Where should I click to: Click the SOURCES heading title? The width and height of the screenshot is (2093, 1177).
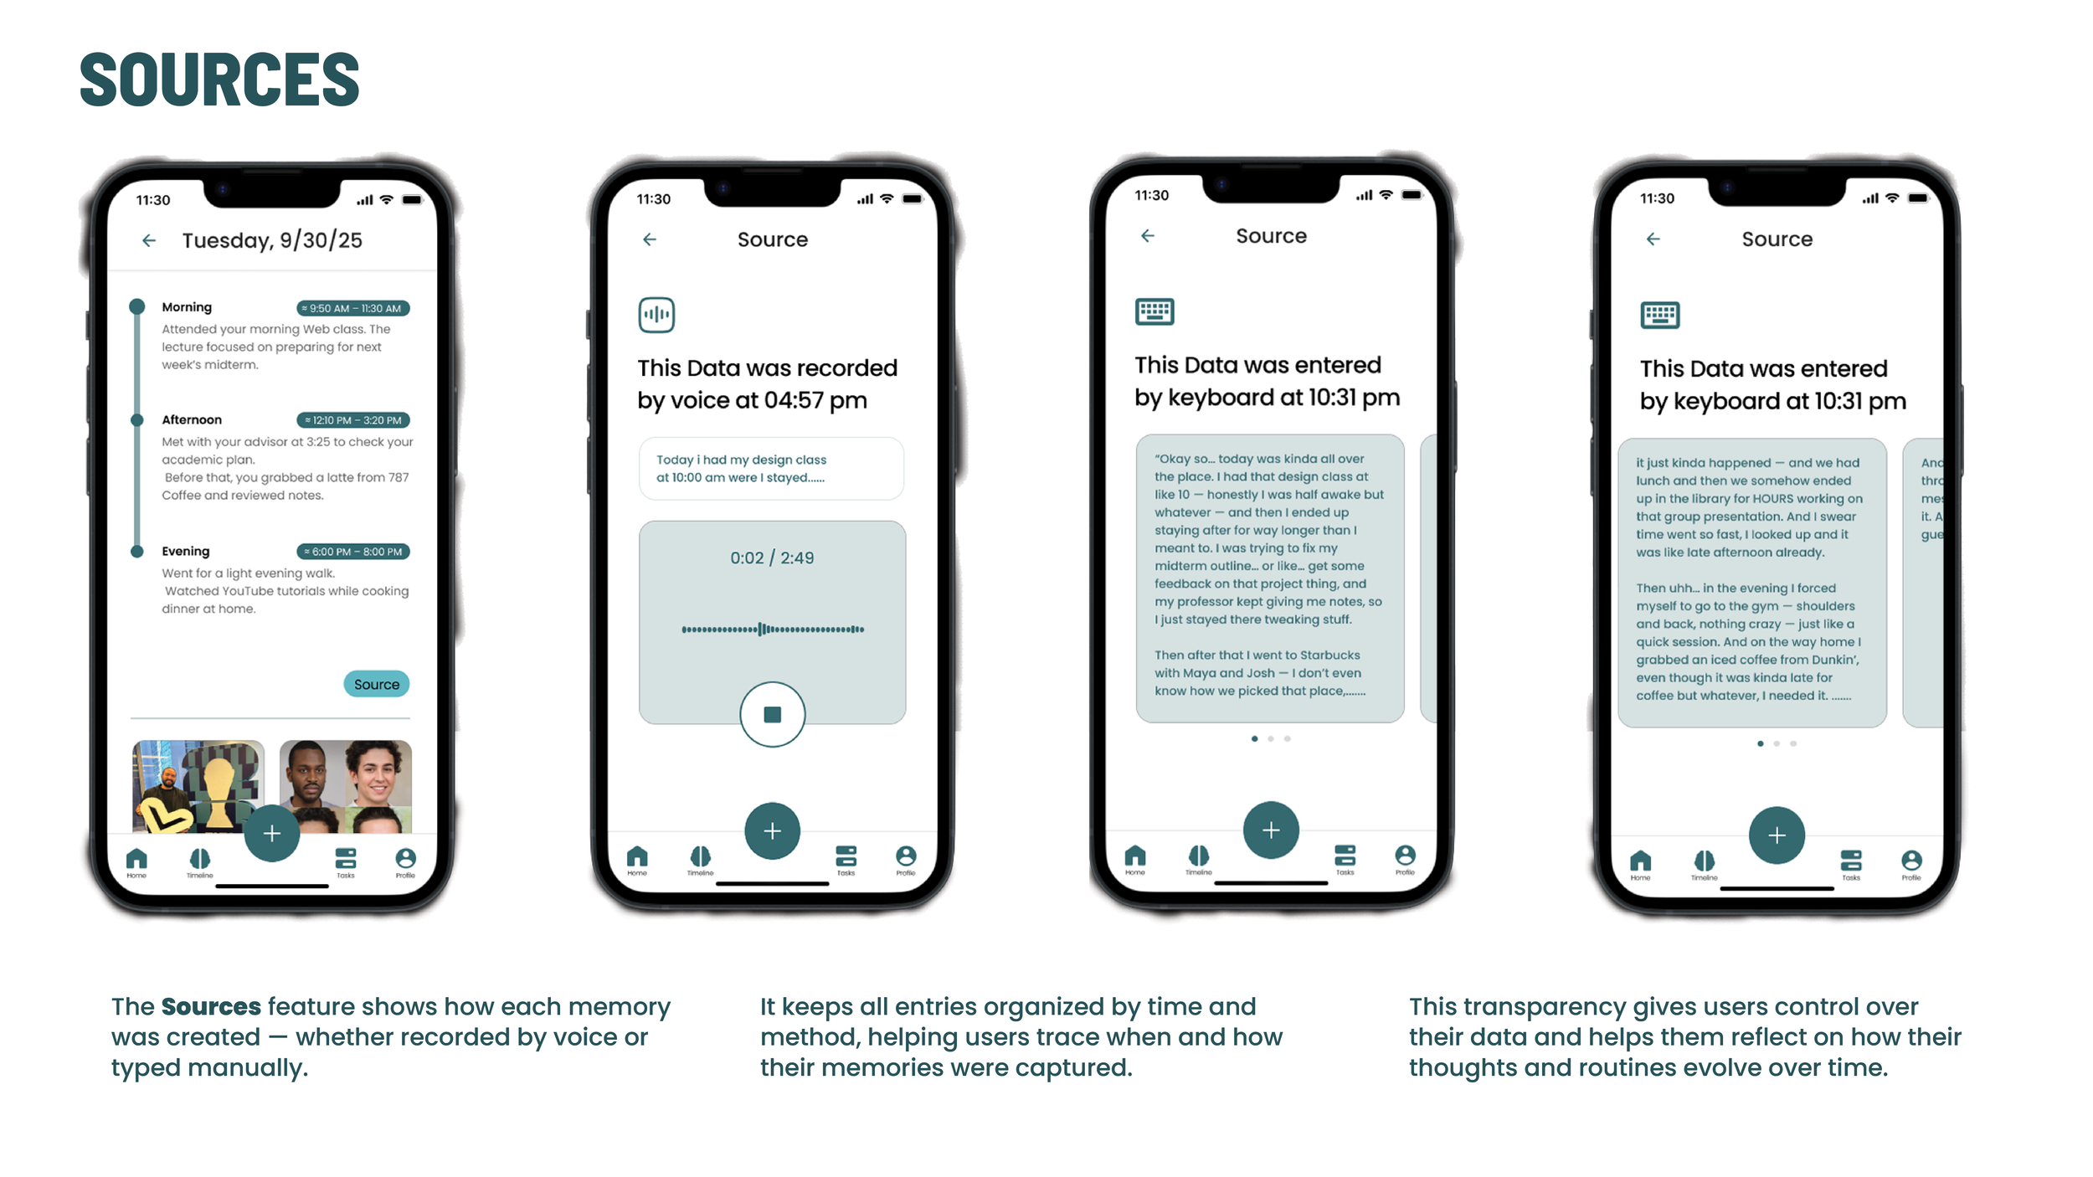pos(219,80)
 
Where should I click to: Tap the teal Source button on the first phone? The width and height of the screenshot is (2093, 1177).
pos(376,684)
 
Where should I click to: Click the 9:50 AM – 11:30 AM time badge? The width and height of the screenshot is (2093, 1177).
pos(352,308)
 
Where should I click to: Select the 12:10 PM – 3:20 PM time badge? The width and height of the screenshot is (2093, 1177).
pos(352,420)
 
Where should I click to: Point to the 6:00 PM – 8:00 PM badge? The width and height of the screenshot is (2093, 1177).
pos(352,552)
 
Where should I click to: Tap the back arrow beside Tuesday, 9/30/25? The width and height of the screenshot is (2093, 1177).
pos(149,241)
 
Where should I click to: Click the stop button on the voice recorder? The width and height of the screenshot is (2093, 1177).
pos(772,714)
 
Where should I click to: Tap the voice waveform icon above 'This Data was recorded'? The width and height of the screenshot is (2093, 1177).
pos(656,315)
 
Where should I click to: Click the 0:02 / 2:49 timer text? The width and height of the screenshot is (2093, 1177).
pos(771,558)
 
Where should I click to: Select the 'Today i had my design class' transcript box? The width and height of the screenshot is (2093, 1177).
pos(770,469)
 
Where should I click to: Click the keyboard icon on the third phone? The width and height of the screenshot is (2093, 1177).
pos(1154,311)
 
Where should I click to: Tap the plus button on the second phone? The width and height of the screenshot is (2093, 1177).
pos(772,830)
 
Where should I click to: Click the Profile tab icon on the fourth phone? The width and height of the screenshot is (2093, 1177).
pos(1910,861)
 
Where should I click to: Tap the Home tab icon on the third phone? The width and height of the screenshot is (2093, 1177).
pos(1135,856)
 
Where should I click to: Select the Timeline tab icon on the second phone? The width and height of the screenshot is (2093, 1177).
pos(700,856)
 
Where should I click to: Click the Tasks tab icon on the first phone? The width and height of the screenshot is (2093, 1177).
pos(345,859)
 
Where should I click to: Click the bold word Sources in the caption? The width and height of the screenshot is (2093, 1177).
pos(211,1006)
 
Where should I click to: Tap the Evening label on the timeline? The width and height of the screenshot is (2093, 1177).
pos(186,551)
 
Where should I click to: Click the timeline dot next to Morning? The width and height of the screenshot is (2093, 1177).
pos(137,306)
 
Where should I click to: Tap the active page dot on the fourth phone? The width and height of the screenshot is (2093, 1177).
pos(1760,743)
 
